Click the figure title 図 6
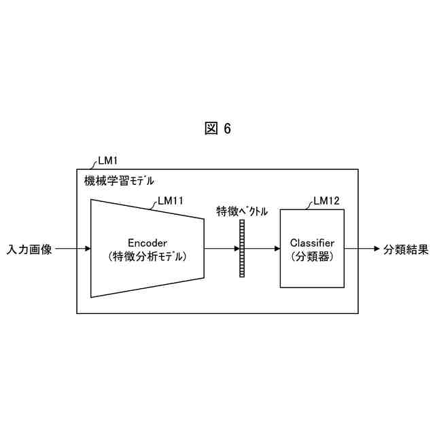click(217, 129)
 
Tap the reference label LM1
click(108, 161)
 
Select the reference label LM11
click(170, 201)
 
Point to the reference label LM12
click(326, 201)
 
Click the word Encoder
click(147, 243)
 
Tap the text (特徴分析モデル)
click(147, 258)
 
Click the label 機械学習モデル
click(119, 181)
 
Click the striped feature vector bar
click(241, 249)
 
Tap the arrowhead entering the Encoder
click(87, 249)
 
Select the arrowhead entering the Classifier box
click(276, 249)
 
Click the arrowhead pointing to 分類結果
click(375, 249)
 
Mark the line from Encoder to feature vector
click(221, 249)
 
